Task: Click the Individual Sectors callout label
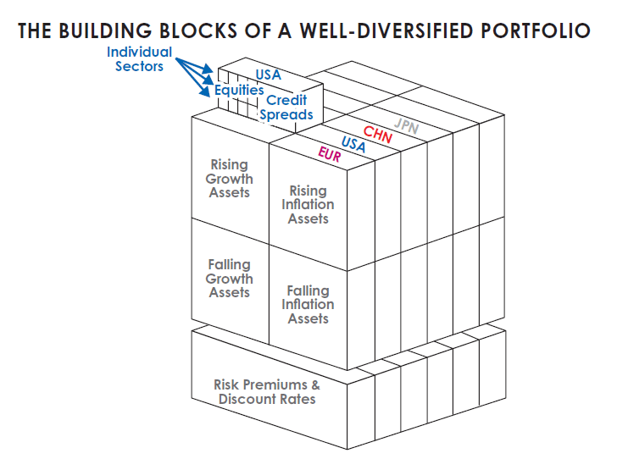[x=140, y=58]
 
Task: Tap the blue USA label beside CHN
[x=353, y=144]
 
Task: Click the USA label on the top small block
[x=268, y=75]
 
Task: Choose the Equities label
[x=238, y=90]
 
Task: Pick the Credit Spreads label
[x=286, y=108]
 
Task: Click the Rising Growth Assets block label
[x=230, y=179]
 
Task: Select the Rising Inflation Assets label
[x=308, y=205]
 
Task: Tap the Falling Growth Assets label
[x=230, y=279]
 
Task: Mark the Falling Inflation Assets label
[x=308, y=305]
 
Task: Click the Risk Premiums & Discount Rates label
[x=267, y=391]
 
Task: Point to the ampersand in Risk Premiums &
[x=314, y=384]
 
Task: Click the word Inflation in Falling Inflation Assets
[x=308, y=305]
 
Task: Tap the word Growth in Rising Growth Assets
[x=230, y=179]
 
